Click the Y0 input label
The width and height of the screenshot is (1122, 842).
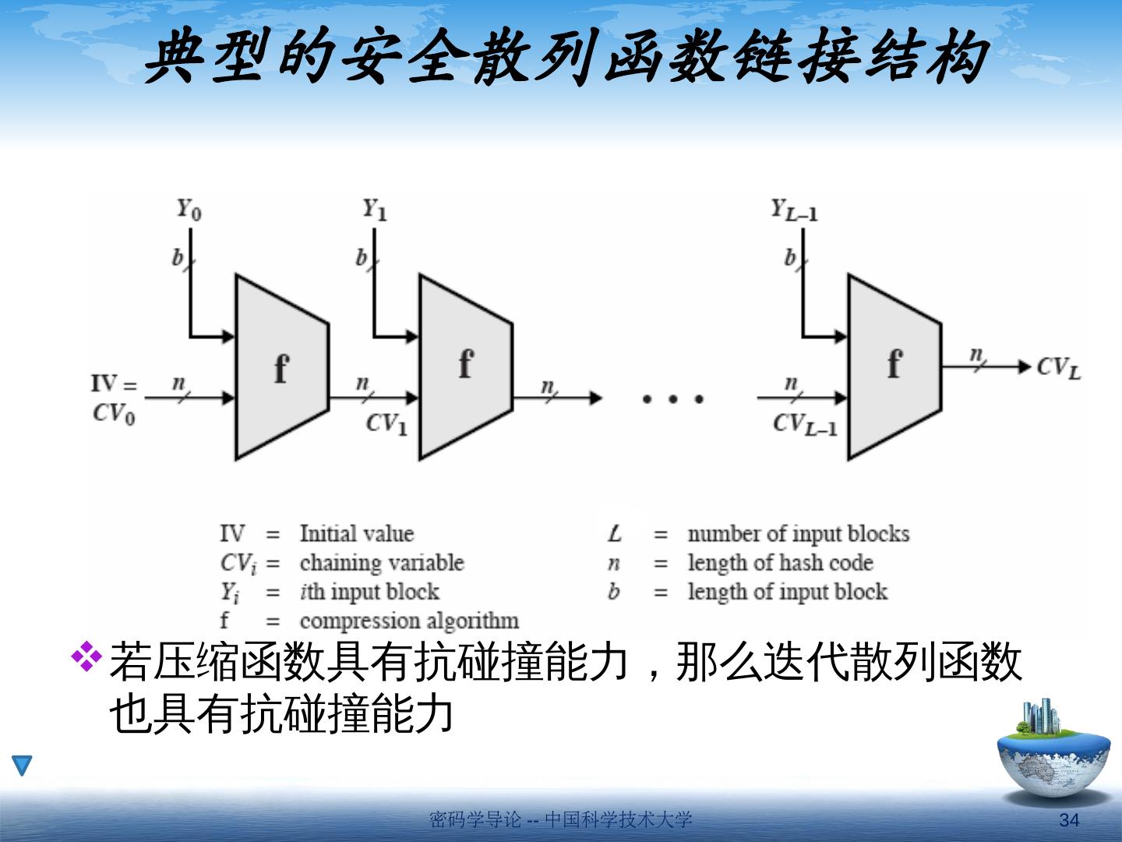click(188, 210)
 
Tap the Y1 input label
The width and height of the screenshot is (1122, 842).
click(374, 210)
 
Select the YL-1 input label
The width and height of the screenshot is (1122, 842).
click(793, 210)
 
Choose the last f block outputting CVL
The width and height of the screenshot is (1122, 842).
click(894, 367)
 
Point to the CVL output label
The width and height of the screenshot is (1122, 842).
click(1059, 367)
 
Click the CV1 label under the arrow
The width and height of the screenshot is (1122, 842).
click(386, 424)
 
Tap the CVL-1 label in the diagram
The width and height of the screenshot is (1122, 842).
click(805, 424)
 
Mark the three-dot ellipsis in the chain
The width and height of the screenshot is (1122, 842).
click(672, 399)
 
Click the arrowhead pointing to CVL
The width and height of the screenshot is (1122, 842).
click(1023, 366)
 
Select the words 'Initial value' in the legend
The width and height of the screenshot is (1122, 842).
click(356, 534)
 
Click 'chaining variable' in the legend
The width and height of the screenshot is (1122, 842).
click(381, 563)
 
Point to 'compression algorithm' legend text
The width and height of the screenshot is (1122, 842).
click(409, 621)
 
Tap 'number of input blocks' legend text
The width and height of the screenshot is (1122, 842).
click(798, 534)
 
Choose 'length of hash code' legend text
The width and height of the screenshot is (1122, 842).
click(780, 563)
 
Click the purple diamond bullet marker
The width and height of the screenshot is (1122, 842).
click(86, 656)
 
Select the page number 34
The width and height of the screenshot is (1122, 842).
click(1069, 820)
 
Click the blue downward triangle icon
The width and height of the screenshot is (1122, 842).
click(22, 765)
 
